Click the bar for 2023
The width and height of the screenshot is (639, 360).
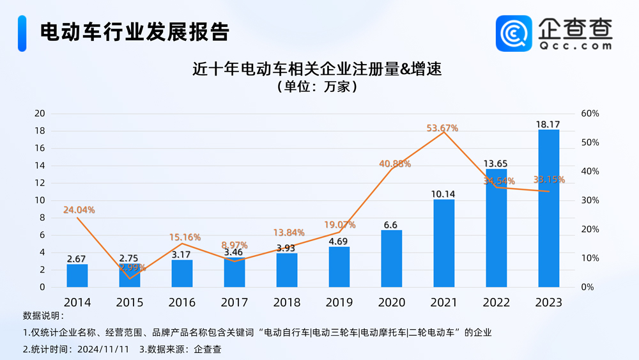click(548, 208)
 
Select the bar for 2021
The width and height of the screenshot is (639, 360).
click(443, 243)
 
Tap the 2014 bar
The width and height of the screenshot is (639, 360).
click(77, 276)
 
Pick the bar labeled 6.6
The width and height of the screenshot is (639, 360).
click(391, 258)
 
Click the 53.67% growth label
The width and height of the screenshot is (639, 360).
click(442, 128)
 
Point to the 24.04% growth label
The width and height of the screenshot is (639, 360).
click(79, 210)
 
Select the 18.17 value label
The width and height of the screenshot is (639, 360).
click(548, 123)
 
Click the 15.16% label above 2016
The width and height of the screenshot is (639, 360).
click(185, 237)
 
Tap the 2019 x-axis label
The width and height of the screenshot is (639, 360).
click(339, 302)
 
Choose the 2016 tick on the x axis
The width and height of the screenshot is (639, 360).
click(182, 302)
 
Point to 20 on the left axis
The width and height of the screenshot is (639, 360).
click(40, 114)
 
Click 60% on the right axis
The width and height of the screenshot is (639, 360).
click(590, 114)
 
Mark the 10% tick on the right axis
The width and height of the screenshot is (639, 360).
click(590, 258)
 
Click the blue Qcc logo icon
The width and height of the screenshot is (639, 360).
click(514, 33)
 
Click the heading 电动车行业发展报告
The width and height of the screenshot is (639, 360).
click(134, 31)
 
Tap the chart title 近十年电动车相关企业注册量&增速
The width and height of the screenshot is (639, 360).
click(317, 68)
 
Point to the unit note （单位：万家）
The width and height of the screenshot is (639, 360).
click(317, 86)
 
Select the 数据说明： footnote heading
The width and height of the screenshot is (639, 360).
click(43, 316)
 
